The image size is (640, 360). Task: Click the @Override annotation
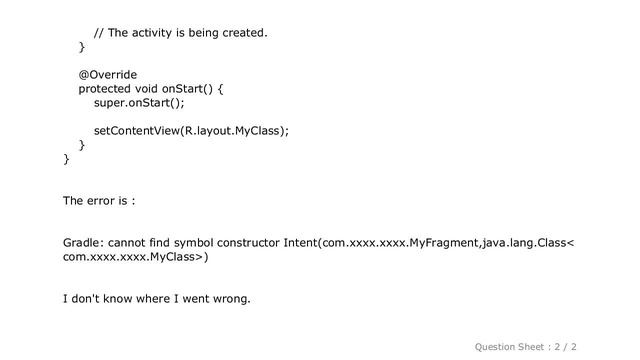pyautogui.click(x=108, y=74)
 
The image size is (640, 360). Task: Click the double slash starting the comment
pyautogui.click(x=98, y=32)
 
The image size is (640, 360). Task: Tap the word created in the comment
pyautogui.click(x=243, y=32)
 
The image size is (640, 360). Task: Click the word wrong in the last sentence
pyautogui.click(x=231, y=298)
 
